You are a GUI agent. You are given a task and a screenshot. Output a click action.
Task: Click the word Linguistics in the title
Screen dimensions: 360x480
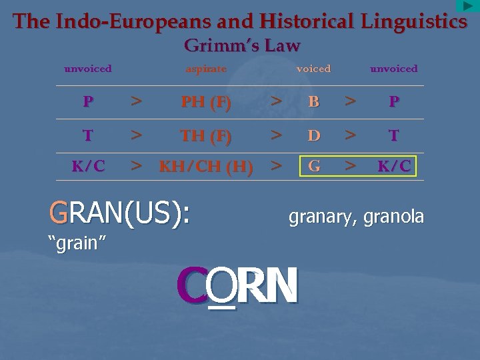pos(414,22)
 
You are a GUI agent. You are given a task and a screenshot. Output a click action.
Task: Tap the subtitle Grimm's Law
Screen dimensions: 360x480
pos(241,46)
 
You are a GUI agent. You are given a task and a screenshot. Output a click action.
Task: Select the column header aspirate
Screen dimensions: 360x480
pos(206,69)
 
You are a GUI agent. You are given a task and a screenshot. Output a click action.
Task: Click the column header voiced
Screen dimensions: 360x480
pos(313,69)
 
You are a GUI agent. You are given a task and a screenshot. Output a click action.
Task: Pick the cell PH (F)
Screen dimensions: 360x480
pos(206,103)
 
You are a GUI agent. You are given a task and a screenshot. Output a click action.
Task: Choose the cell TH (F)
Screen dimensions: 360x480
pos(206,136)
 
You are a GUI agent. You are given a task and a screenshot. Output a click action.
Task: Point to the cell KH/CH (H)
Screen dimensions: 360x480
pos(206,167)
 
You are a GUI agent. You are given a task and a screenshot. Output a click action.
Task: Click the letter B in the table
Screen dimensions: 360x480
pos(314,103)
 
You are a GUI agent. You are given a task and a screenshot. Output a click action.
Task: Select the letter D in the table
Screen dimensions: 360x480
pos(314,136)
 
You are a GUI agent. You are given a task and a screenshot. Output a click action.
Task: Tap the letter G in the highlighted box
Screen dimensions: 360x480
pos(314,166)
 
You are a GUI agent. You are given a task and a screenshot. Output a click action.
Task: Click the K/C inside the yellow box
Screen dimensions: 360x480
pos(393,166)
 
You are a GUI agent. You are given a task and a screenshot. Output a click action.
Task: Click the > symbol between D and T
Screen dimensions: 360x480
pos(350,136)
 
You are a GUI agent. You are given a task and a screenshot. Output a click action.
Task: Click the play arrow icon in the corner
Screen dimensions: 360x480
pos(467,6)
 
